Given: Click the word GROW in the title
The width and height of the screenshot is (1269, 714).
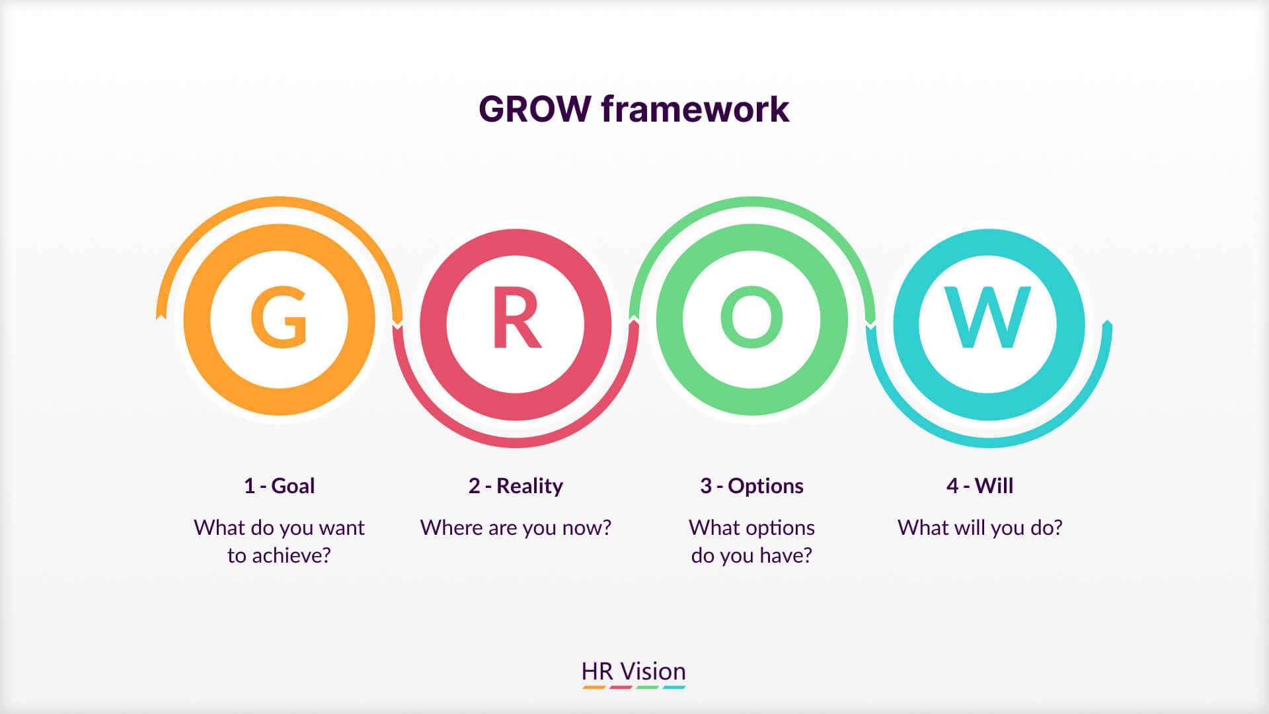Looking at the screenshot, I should click(x=534, y=109).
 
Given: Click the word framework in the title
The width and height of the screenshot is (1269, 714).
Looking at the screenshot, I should click(x=695, y=109).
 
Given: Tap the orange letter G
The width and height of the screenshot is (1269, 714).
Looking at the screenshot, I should click(x=279, y=317).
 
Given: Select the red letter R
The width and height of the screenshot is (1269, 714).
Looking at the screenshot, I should click(x=516, y=319).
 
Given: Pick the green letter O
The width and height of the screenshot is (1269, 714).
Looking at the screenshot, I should click(x=751, y=317).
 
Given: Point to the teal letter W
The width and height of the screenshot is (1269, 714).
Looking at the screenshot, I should click(x=987, y=317).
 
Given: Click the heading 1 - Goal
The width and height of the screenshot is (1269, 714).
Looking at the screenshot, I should click(x=279, y=486).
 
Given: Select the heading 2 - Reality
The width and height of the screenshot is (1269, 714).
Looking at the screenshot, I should click(x=516, y=486).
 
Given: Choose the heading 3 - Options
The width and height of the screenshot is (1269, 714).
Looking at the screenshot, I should click(x=751, y=486).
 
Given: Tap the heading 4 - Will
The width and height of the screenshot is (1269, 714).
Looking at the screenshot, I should click(x=980, y=486).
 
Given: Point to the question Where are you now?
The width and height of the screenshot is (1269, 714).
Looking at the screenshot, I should click(x=516, y=528).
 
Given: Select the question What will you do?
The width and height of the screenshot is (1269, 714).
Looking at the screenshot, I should click(x=980, y=528).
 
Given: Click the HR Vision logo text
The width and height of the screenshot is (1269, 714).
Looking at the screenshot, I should click(x=633, y=671).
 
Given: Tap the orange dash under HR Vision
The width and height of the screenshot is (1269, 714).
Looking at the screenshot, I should click(x=594, y=688).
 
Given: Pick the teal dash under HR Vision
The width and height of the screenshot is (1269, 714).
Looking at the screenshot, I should click(x=673, y=688).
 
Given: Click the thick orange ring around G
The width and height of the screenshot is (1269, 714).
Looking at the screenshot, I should click(x=196, y=319).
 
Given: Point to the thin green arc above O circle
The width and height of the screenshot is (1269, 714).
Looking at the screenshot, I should click(x=751, y=202).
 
